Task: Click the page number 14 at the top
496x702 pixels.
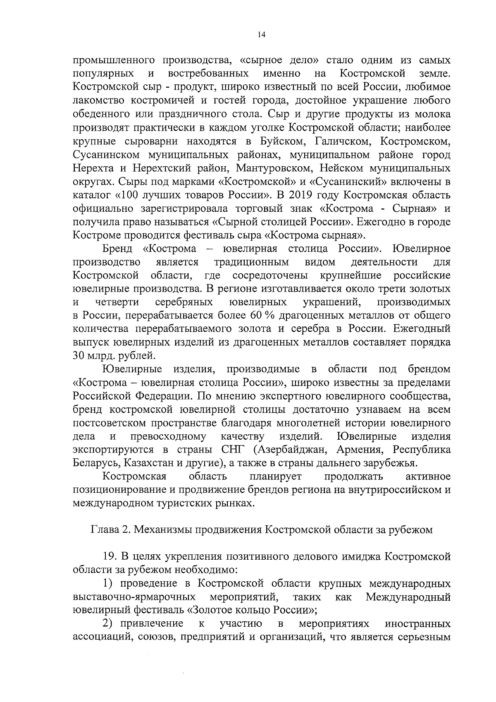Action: [x=260, y=35]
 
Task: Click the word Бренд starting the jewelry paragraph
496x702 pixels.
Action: [x=117, y=249]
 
